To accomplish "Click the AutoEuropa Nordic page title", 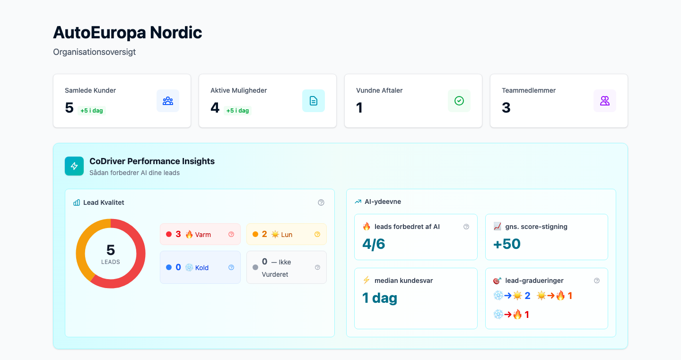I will (x=127, y=33).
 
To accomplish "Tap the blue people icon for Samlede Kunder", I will (x=168, y=101).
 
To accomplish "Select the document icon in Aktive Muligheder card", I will (x=314, y=101).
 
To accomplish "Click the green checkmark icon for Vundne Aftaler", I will (x=459, y=101).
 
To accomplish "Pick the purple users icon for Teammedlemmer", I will (x=605, y=101).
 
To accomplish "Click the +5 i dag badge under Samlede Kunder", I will (x=92, y=111).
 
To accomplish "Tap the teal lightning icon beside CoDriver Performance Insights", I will (x=74, y=166).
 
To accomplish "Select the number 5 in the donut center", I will (x=111, y=250).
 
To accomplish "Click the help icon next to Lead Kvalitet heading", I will (x=321, y=202).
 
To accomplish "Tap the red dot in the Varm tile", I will (x=169, y=234).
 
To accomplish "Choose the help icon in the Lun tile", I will (x=317, y=234).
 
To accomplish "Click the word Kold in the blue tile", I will (x=202, y=268).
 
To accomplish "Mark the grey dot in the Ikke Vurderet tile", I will (x=255, y=267).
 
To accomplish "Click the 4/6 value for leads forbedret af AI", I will (x=374, y=244).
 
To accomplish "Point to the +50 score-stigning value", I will (x=506, y=244).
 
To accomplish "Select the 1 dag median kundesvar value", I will (x=380, y=298).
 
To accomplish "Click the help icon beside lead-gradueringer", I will (x=597, y=281).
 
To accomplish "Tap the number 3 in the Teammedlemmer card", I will (x=506, y=108).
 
